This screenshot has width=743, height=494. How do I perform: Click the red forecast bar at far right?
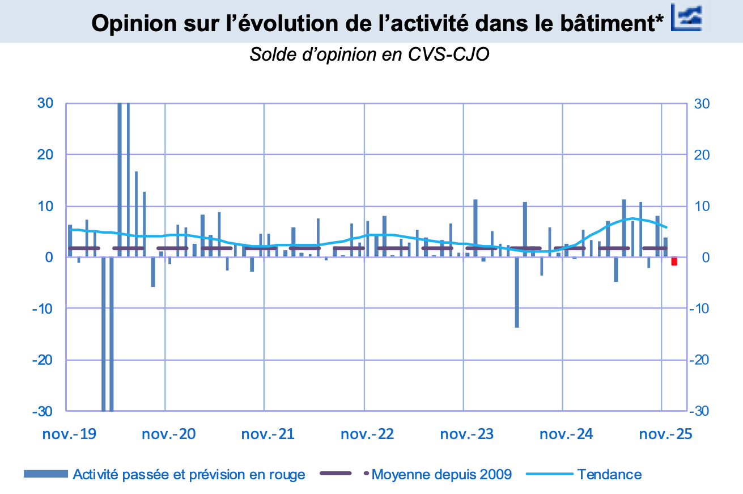(x=674, y=261)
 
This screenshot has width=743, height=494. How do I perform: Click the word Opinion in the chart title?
(x=129, y=23)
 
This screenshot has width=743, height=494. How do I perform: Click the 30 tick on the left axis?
(x=45, y=103)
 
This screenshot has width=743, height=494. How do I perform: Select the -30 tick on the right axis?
(x=700, y=411)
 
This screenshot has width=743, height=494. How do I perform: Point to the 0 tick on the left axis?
(x=49, y=257)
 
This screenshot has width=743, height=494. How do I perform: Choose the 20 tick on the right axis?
(x=702, y=155)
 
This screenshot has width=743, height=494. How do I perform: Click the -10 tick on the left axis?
(x=43, y=309)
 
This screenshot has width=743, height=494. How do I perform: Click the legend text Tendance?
(x=609, y=474)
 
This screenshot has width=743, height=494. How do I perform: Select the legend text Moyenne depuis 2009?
(x=441, y=474)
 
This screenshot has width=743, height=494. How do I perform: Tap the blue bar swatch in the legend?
(x=45, y=474)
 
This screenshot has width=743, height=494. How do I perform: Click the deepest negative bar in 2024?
(x=517, y=292)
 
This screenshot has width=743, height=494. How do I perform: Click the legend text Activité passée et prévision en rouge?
(x=189, y=474)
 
